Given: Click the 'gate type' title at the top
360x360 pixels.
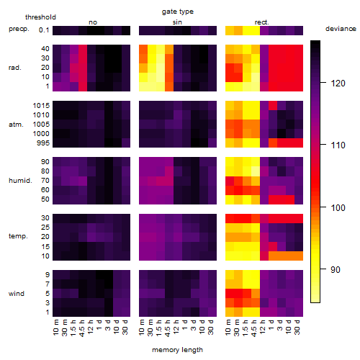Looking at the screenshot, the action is point(178,12).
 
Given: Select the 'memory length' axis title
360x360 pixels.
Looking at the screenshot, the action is point(177,350).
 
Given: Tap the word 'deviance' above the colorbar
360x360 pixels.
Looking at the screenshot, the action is point(341,29).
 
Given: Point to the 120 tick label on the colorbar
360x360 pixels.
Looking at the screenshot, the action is point(338,84).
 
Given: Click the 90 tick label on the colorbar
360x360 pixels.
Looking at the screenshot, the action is point(336,270).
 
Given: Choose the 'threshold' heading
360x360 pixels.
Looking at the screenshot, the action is point(40,17).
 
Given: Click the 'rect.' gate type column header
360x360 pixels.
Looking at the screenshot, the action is point(262,22).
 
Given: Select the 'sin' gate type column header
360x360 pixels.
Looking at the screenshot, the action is point(177,22).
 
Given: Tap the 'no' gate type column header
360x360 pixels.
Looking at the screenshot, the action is point(93,22).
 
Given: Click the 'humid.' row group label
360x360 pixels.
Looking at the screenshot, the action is point(20,181).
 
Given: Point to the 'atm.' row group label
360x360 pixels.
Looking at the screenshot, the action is point(16,125).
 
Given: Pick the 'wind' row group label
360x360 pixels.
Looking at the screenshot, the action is point(17,294).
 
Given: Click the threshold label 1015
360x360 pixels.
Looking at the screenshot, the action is point(41,106).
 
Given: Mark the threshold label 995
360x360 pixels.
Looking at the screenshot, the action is point(43,143).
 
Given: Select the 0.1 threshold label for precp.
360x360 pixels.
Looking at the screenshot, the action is point(44,30).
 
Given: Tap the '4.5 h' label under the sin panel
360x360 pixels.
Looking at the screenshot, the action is point(168,328).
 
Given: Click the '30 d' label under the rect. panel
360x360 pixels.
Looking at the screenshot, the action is point(297,327).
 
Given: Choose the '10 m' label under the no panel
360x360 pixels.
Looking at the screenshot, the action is point(55,328).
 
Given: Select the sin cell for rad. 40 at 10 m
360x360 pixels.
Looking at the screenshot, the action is point(143,49).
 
